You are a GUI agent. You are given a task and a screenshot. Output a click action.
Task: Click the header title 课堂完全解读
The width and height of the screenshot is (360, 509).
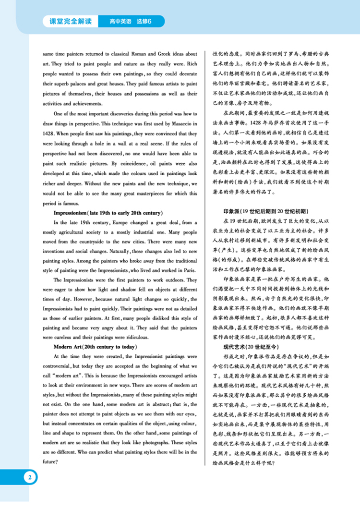pos(70,21)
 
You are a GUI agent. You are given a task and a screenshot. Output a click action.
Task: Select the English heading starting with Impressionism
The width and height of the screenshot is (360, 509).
pos(109,213)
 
